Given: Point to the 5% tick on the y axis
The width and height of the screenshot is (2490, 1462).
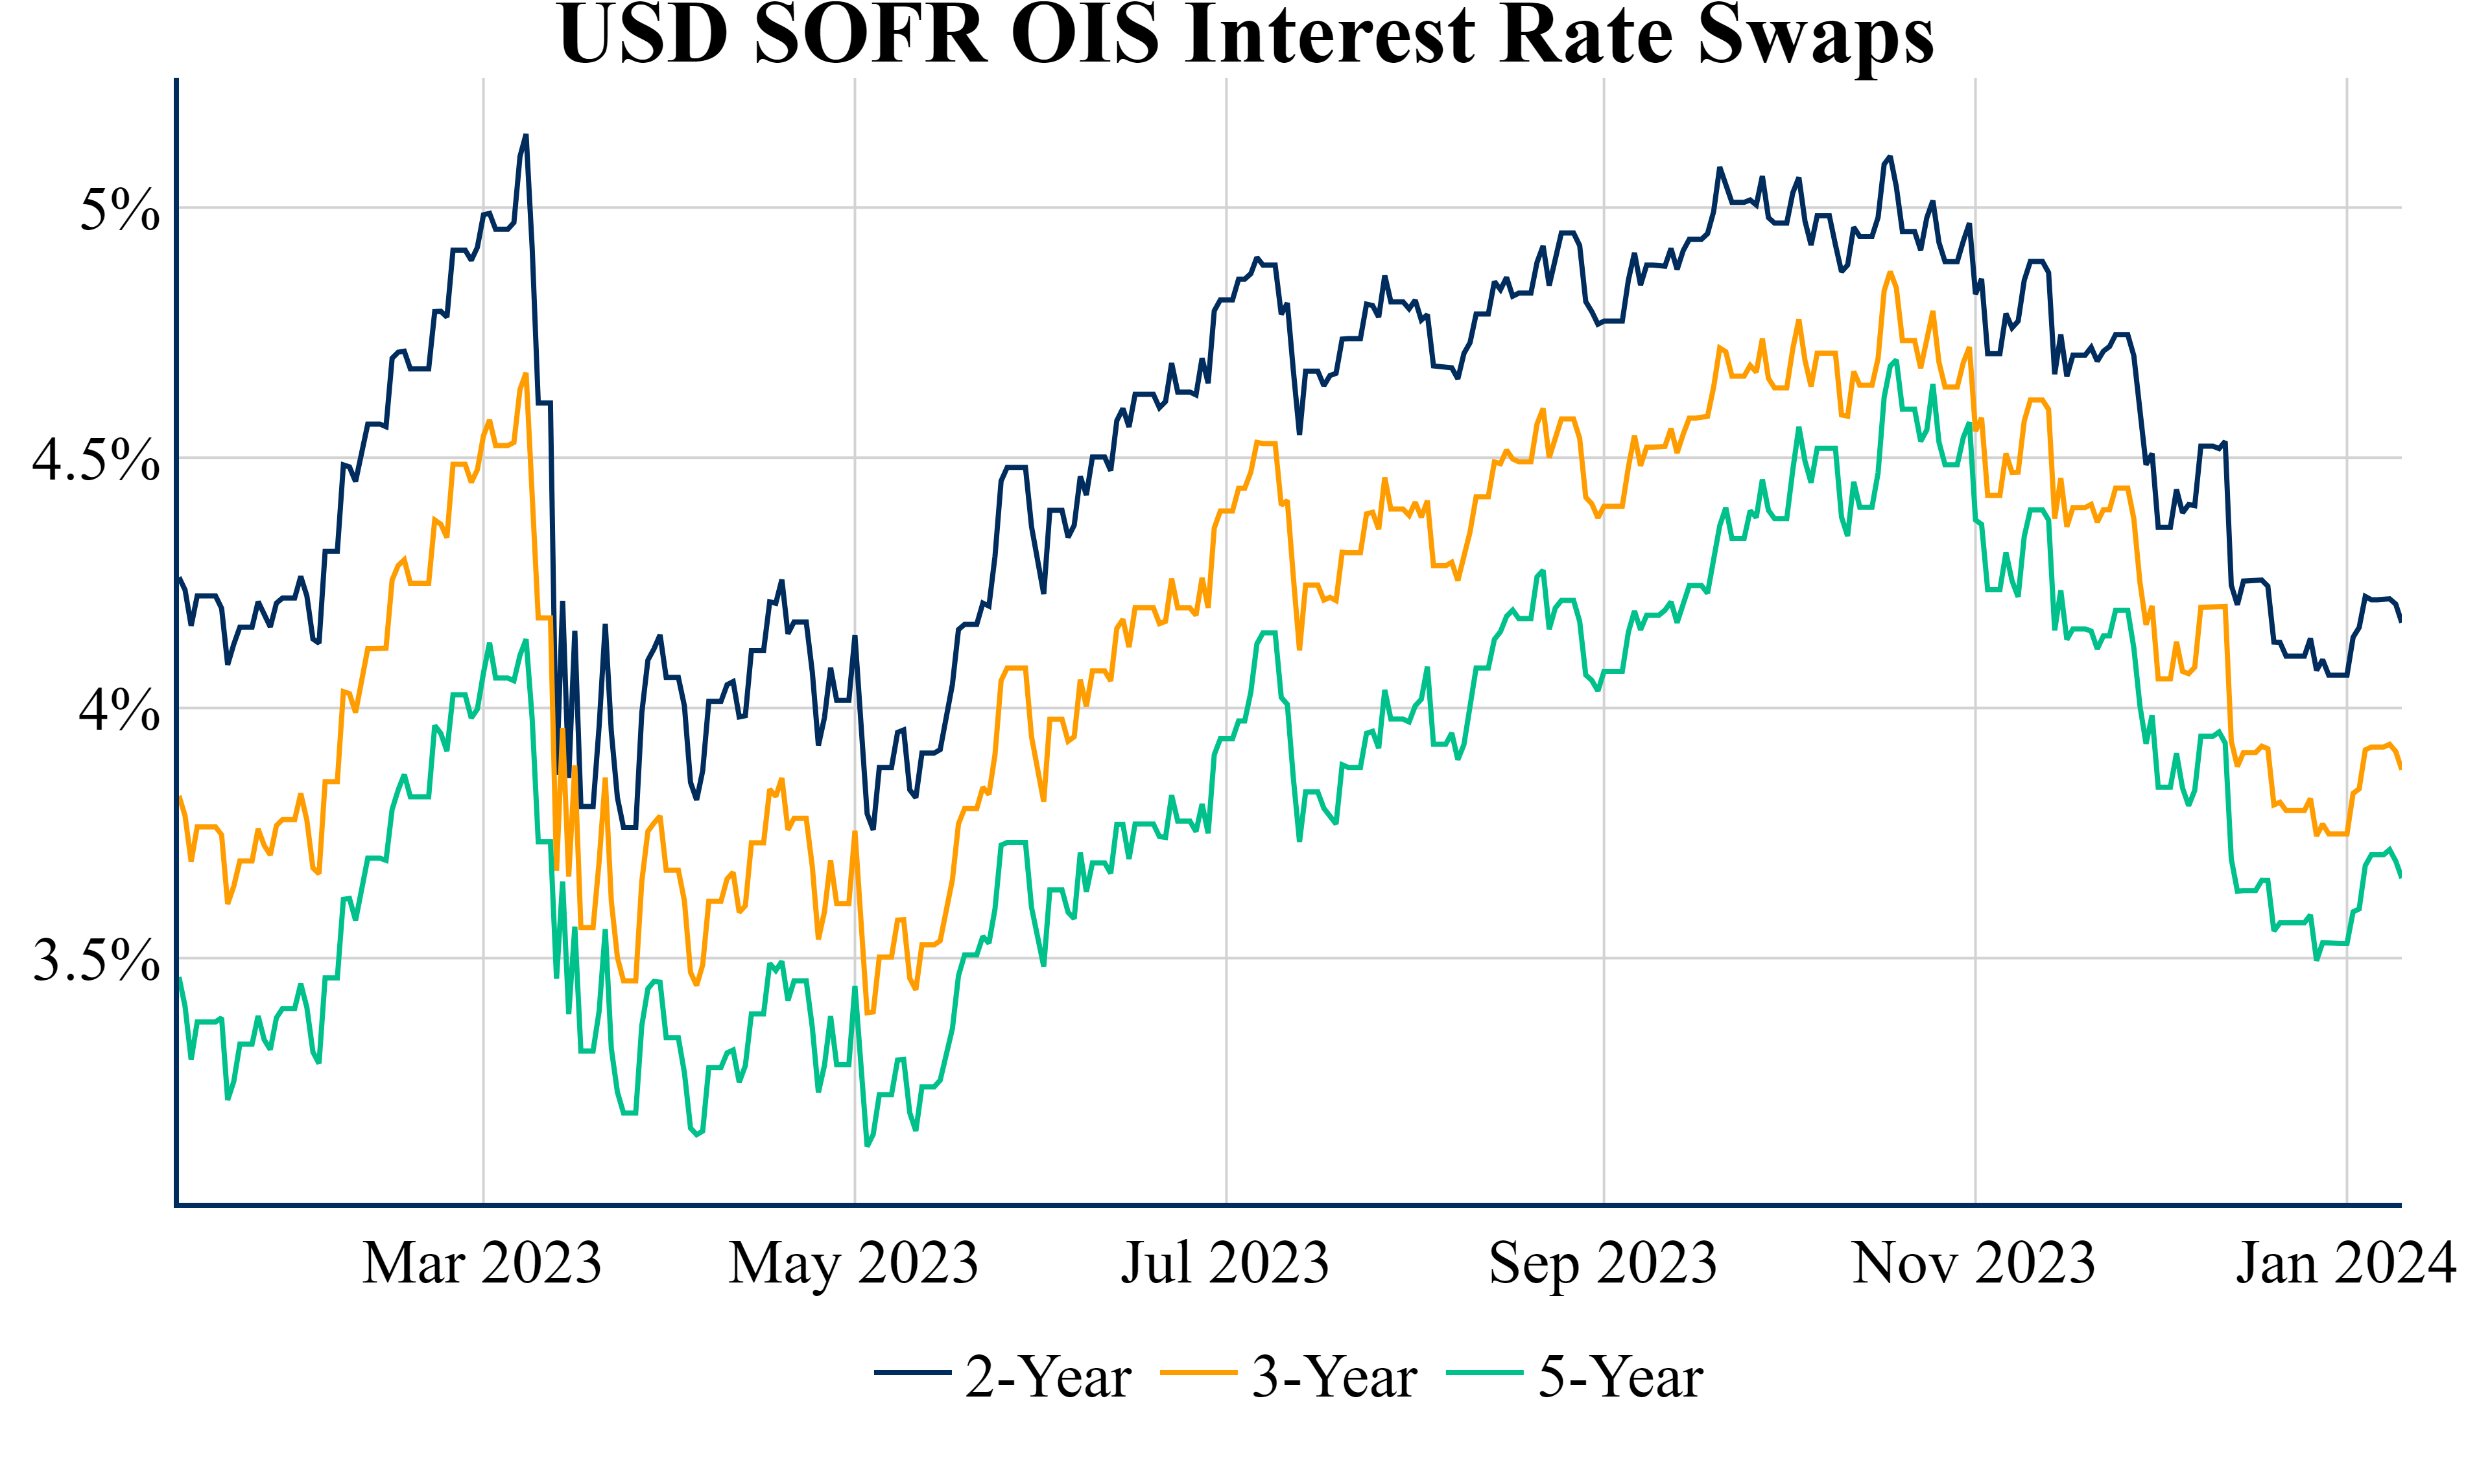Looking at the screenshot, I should pyautogui.click(x=119, y=209).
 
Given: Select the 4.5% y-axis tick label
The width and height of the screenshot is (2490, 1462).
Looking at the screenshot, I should pyautogui.click(x=96, y=459).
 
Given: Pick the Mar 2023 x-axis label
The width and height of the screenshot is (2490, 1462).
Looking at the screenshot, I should pyautogui.click(x=482, y=1264).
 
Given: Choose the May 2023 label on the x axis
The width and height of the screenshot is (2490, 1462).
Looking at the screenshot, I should pyautogui.click(x=854, y=1264).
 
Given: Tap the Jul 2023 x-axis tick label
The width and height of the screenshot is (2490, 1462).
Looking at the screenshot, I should pyautogui.click(x=1226, y=1264).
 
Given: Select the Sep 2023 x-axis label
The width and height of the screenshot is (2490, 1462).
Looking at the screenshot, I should pyautogui.click(x=1603, y=1264).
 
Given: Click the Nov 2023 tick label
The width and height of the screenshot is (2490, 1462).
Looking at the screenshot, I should pyautogui.click(x=1974, y=1264).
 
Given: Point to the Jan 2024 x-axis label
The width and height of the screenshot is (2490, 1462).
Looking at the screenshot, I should pyautogui.click(x=2346, y=1264).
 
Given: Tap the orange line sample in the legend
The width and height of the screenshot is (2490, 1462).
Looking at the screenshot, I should pyautogui.click(x=1198, y=1373).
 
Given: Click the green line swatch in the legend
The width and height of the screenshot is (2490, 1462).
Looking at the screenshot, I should pyautogui.click(x=1485, y=1373).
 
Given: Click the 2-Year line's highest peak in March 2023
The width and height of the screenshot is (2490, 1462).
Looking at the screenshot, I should pyautogui.click(x=526, y=136).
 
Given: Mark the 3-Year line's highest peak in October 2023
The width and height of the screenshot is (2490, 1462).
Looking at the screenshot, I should pyautogui.click(x=1890, y=273).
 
